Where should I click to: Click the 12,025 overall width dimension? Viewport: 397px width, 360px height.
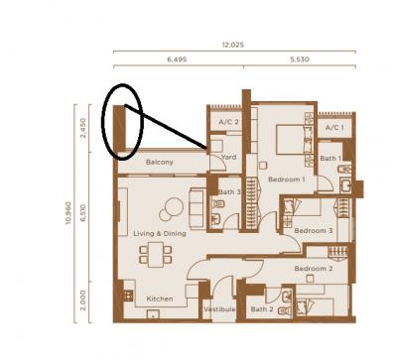click(x=233, y=45)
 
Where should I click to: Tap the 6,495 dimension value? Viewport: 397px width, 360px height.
click(x=177, y=60)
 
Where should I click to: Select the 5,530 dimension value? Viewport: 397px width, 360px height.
click(x=300, y=60)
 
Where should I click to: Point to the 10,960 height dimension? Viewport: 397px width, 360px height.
click(x=68, y=213)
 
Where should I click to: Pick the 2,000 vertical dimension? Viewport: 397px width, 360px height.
click(x=82, y=300)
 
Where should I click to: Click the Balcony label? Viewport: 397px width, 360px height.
click(x=160, y=162)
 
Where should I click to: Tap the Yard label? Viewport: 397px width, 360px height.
click(x=228, y=157)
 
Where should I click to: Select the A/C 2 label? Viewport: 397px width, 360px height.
click(x=228, y=122)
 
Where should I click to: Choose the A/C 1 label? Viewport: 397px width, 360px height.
click(x=334, y=127)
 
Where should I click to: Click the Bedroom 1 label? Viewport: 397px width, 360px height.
click(x=287, y=180)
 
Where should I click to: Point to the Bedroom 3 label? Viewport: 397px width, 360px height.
click(x=314, y=230)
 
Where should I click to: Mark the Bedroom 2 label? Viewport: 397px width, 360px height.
click(x=314, y=269)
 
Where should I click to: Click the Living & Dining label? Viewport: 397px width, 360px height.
click(x=160, y=234)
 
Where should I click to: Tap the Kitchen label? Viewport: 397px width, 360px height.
click(x=160, y=299)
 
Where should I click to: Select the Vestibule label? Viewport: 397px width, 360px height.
click(x=219, y=309)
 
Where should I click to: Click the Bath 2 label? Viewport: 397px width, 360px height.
click(x=262, y=309)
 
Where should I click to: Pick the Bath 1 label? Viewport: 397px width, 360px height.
click(x=331, y=159)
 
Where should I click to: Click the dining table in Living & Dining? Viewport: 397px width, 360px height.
click(x=156, y=255)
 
